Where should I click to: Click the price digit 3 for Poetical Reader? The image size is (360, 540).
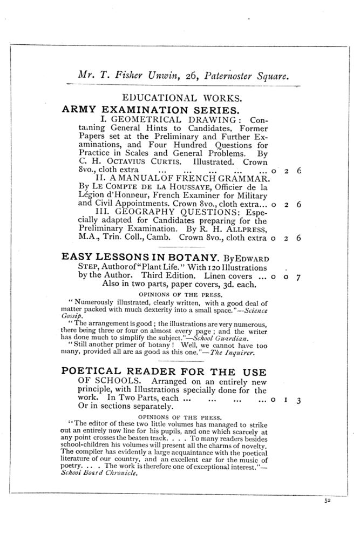coord(298,400)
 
